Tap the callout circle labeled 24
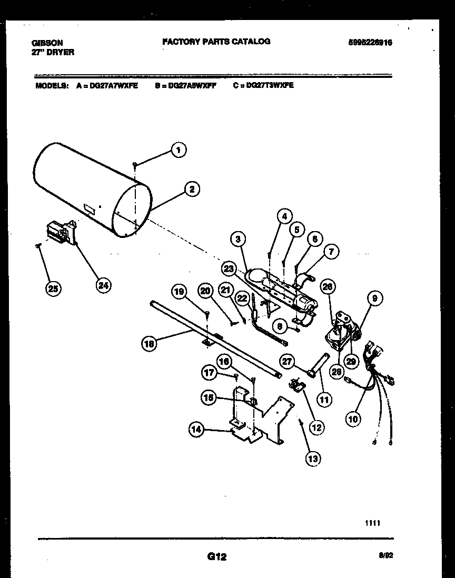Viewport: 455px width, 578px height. coord(104,285)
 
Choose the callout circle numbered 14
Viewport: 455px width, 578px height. coord(196,430)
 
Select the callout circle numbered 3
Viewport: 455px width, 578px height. coord(239,240)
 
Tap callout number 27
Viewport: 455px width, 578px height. coord(288,361)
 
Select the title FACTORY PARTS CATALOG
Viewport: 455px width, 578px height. coord(216,41)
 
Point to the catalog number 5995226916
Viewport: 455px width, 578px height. coord(370,43)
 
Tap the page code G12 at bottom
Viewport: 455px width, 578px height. coord(216,556)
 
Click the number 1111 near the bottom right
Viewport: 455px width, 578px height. coord(372,523)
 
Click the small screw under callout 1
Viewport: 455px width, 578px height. coord(135,165)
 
